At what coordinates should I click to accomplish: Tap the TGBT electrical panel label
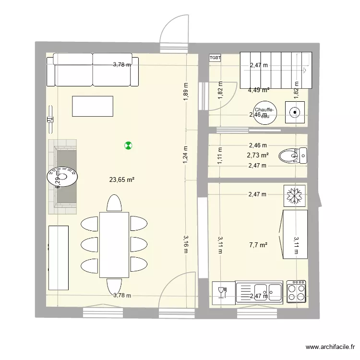pyautogui.click(x=215, y=58)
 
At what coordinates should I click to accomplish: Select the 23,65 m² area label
pyautogui.click(x=121, y=180)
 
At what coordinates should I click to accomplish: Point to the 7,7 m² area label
pyautogui.click(x=258, y=245)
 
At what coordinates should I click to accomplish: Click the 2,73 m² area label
pyautogui.click(x=258, y=155)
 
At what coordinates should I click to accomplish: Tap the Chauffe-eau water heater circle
pyautogui.click(x=264, y=113)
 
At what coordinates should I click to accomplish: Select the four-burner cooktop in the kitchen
pyautogui.click(x=296, y=290)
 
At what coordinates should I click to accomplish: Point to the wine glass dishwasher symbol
pyautogui.click(x=223, y=291)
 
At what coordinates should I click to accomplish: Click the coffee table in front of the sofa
pyautogui.click(x=93, y=106)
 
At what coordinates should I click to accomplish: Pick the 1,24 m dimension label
pyautogui.click(x=186, y=155)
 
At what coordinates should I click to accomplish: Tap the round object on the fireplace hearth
pyautogui.click(x=63, y=175)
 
